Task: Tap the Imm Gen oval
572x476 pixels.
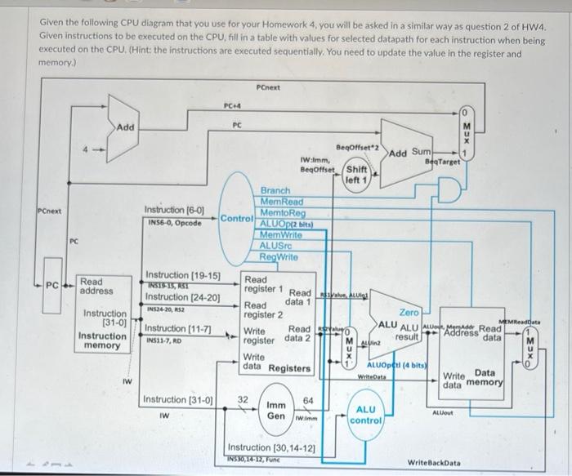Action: point(278,411)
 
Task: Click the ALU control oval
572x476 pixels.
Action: point(364,414)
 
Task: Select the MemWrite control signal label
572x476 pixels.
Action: point(279,234)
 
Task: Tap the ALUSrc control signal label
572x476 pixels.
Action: point(276,245)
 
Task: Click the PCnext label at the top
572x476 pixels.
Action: point(268,87)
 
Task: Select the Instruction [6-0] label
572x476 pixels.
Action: point(174,210)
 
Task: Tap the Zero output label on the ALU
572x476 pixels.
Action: point(409,312)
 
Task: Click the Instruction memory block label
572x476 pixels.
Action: point(101,340)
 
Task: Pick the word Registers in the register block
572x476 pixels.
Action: point(291,368)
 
